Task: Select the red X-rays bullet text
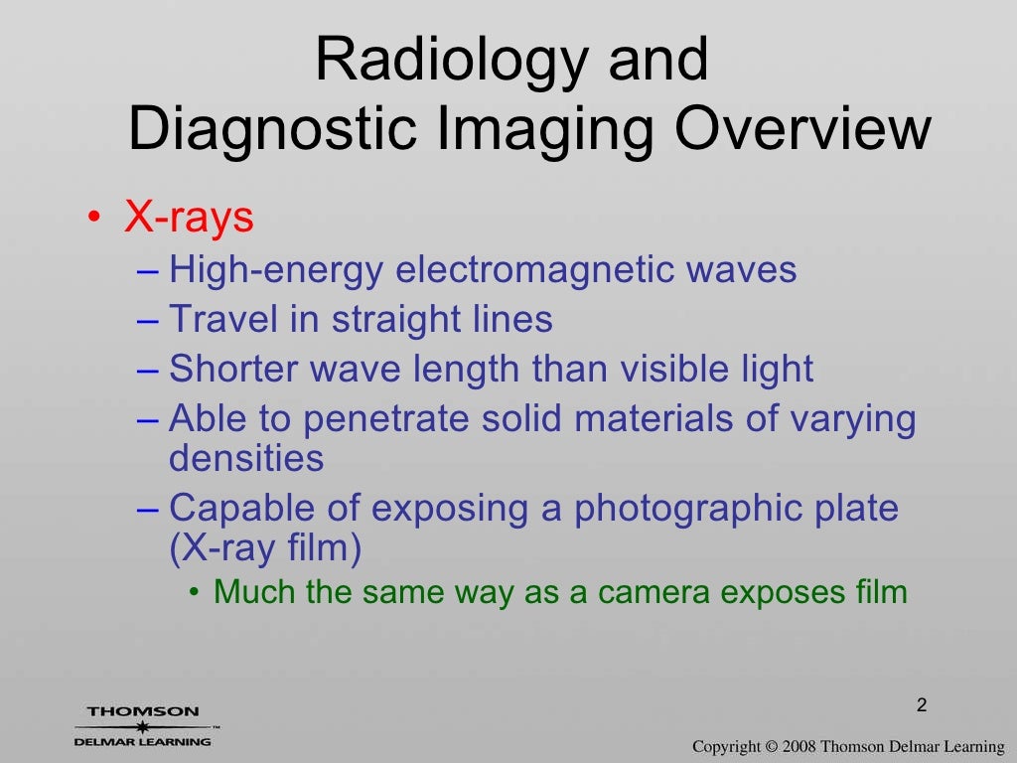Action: (x=189, y=218)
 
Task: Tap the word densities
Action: (x=246, y=458)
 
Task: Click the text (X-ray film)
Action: (x=265, y=547)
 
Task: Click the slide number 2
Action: (x=922, y=706)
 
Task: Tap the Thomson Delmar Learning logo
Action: (x=143, y=726)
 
